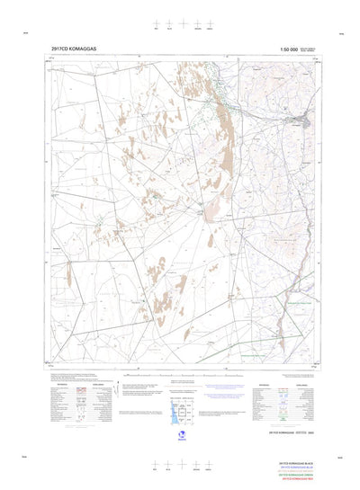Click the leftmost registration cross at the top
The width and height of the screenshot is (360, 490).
(155, 24)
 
